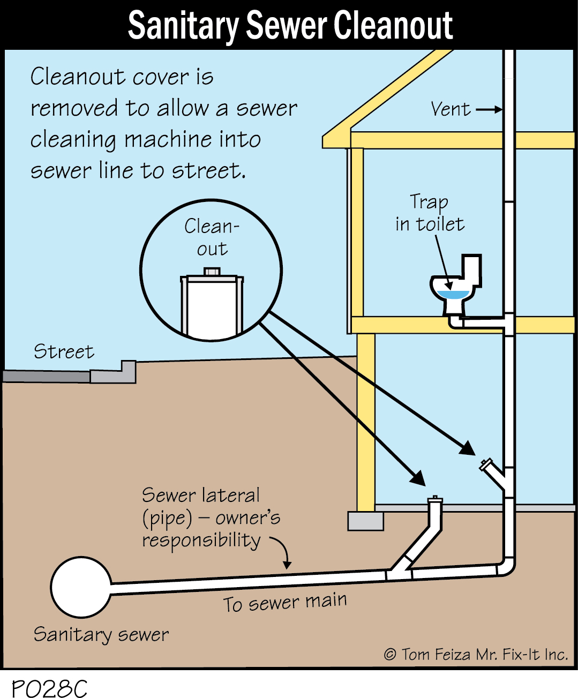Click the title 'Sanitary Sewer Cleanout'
pos(290,25)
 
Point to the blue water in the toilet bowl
pos(453,294)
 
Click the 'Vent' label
pos(451,109)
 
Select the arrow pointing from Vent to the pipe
pos(489,110)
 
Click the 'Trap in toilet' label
pos(429,213)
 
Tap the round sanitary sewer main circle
pos(81,587)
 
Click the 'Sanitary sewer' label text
pos(101,634)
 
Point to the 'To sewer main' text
pos(284,602)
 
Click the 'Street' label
pos(64,351)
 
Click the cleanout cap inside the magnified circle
pos(212,273)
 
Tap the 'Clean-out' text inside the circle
pos(212,237)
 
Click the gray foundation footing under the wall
pos(365,521)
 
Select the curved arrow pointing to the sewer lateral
pos(282,551)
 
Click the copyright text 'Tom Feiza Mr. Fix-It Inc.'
pos(476,654)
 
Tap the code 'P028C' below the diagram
pos(49,688)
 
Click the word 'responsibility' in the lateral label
pos(201,541)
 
